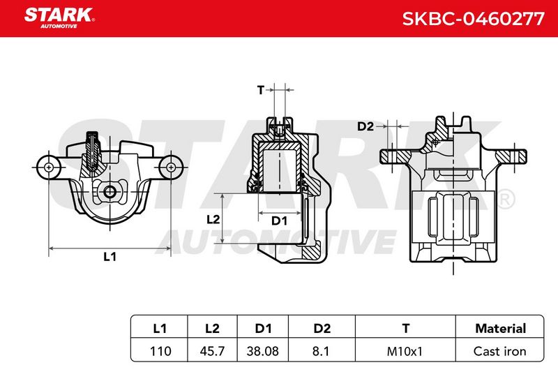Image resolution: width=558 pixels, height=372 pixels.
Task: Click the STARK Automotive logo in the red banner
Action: [x=59, y=18]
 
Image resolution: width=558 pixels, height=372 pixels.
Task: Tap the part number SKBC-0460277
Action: [x=474, y=19]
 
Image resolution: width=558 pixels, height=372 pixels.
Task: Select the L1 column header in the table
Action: [x=160, y=328]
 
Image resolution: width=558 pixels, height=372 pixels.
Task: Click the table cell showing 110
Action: [x=160, y=351]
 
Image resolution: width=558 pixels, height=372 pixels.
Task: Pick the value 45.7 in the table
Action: [x=212, y=351]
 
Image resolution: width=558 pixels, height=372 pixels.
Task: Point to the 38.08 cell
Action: [x=263, y=351]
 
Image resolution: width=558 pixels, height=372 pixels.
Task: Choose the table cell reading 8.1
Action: [x=321, y=351]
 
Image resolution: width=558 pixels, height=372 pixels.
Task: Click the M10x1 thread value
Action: [x=405, y=351]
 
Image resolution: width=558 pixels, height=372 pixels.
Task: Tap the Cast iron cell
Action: [x=500, y=351]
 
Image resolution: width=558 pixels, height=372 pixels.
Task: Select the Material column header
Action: [x=500, y=328]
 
